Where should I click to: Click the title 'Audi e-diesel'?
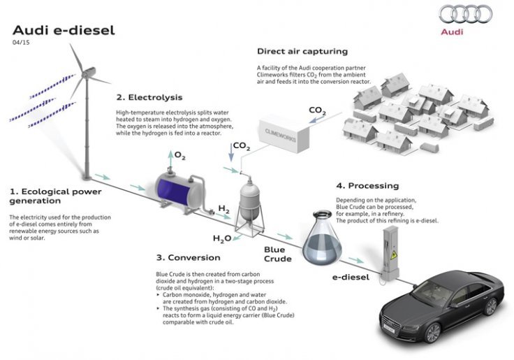click(x=64, y=31)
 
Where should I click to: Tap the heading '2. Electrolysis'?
click(x=151, y=97)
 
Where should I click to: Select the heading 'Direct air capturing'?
click(x=302, y=51)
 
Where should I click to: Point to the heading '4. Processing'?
click(x=367, y=186)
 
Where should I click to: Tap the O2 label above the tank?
click(x=179, y=154)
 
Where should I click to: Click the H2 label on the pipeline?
click(x=223, y=209)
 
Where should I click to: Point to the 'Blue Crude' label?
click(x=277, y=254)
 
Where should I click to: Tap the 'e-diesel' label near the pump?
click(x=352, y=278)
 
